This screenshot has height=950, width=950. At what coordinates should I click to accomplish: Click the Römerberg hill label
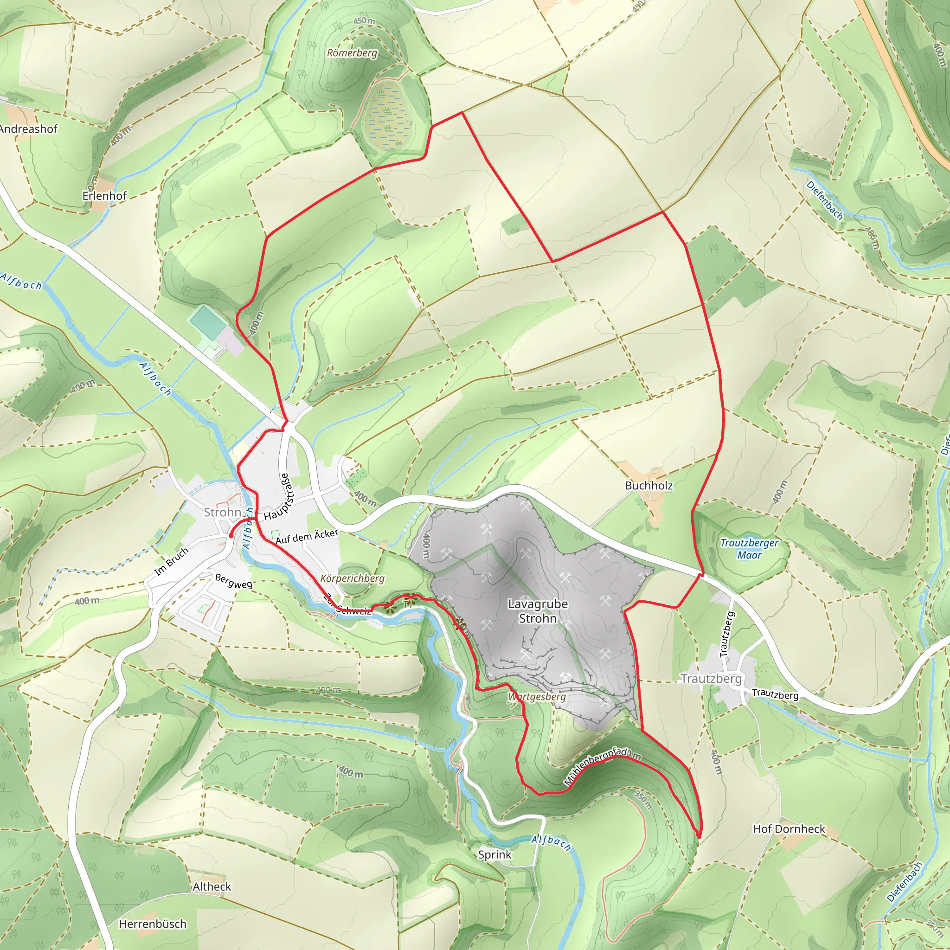[352, 52]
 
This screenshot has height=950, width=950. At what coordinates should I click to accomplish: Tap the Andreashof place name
[28, 129]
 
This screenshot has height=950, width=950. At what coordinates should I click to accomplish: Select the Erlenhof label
[104, 196]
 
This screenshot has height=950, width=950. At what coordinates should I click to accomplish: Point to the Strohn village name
[222, 512]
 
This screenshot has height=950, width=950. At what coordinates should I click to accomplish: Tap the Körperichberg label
[352, 578]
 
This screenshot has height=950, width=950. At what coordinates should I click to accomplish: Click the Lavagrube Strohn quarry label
[538, 611]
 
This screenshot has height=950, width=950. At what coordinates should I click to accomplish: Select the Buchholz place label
[648, 485]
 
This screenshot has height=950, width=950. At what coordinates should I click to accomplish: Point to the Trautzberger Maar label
[750, 549]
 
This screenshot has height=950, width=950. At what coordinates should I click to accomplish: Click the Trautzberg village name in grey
[711, 679]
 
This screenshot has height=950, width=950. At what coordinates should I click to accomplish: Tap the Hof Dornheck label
[789, 828]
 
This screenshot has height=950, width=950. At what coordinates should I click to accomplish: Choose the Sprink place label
[494, 854]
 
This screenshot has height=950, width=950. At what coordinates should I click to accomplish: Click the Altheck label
[212, 886]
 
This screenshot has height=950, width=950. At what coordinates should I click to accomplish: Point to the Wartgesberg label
[537, 697]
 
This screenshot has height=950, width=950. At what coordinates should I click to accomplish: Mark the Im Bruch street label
[172, 561]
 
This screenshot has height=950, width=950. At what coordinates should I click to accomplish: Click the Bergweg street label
[234, 581]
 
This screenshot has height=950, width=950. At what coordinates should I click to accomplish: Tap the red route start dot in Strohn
[231, 535]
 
